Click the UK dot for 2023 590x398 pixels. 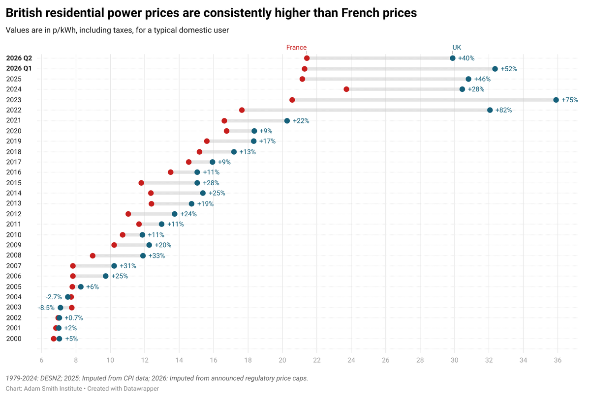pos(556,100)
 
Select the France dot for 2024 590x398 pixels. pos(346,89)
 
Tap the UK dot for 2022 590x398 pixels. pos(490,110)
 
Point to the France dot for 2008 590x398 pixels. pos(93,256)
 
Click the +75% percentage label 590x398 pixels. pos(570,100)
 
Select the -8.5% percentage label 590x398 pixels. pos(46,308)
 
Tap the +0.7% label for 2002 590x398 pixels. pos(74,318)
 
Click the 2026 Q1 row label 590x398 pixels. pos(20,69)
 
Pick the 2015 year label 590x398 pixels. pos(13,183)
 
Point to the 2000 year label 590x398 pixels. pos(13,339)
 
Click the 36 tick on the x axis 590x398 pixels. pos(558,360)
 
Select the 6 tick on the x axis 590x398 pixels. pos(41,360)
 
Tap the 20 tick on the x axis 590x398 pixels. pos(282,360)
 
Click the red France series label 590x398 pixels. pos(296,48)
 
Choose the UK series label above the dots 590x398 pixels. pos(457,48)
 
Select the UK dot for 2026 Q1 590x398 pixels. pos(495,69)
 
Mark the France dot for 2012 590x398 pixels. pos(128,214)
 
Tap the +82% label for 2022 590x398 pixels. pos(503,110)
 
